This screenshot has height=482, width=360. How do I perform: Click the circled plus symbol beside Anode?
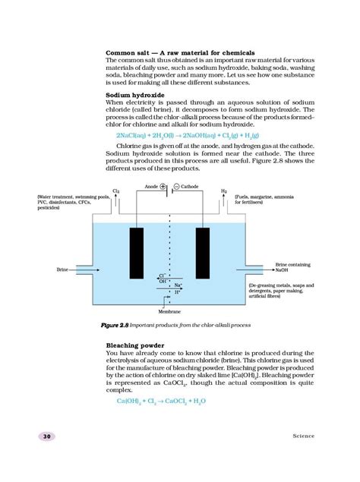tap(163, 186)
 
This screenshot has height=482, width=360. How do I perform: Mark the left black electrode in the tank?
tap(137, 254)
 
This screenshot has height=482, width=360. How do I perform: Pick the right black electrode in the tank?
tap(203, 254)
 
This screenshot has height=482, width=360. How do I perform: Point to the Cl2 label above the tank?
tap(115, 191)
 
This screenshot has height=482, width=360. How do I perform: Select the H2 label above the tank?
tap(224, 191)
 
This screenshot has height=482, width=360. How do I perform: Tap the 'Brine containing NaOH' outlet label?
tap(292, 266)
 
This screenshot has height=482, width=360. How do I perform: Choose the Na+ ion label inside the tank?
tap(178, 285)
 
